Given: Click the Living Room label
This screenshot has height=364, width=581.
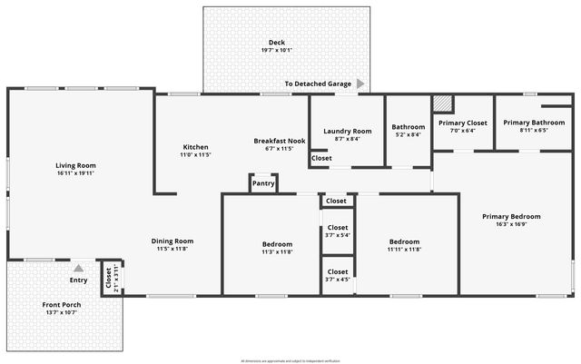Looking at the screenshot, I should pos(75,164).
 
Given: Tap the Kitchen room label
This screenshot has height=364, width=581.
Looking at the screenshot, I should pos(196,147).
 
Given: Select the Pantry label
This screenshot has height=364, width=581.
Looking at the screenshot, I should pos(263,183).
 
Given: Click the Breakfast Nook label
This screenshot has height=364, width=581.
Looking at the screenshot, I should pos(279,141).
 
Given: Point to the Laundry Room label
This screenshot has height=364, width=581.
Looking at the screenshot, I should pos(348,131).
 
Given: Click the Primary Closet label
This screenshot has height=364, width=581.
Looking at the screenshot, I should pos(463,123).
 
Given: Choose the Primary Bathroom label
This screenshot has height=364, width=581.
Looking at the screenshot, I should pos(534,123).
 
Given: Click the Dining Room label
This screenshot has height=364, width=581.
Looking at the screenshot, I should pos(172,241).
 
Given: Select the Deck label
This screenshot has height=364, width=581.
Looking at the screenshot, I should pos(277,43).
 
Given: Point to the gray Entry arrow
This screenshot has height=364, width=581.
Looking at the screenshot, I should pos(78,268).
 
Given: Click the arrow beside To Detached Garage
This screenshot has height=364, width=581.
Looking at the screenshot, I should pos(360,84).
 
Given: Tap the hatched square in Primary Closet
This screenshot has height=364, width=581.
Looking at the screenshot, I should pos(442,103).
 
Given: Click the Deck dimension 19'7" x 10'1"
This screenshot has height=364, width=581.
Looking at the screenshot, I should pos(277,51).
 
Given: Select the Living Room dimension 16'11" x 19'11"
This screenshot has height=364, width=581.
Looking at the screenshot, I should pos(75,172).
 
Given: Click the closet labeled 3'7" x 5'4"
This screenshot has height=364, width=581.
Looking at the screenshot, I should pos(338,235).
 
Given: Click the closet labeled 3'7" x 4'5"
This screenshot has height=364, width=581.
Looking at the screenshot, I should pos(338,280).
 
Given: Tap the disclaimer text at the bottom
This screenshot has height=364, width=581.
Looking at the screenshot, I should pos(290,360).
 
